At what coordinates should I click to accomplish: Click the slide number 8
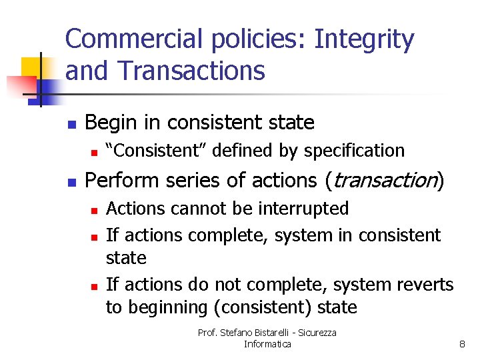461,344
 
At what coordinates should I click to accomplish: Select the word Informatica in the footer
267,344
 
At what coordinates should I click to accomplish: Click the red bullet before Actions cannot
95,210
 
